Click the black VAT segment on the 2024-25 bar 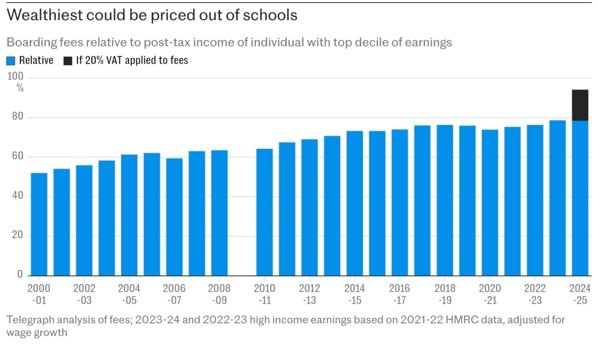579,105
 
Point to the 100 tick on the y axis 15,77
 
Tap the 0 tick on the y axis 20,275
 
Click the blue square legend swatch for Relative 11,61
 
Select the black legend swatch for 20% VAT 68,61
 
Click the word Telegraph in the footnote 30,320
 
